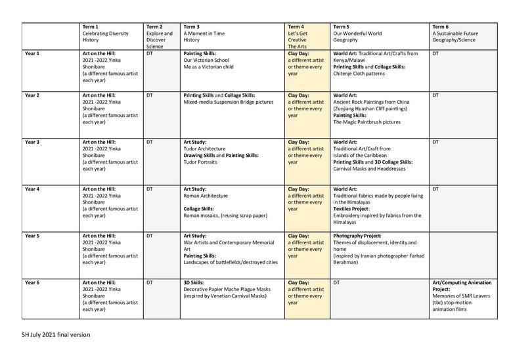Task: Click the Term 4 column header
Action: (x=307, y=35)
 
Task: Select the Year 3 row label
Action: (x=33, y=143)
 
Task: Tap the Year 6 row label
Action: (x=33, y=282)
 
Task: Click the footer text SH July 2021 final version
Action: (x=56, y=335)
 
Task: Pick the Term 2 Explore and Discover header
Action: (x=161, y=36)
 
